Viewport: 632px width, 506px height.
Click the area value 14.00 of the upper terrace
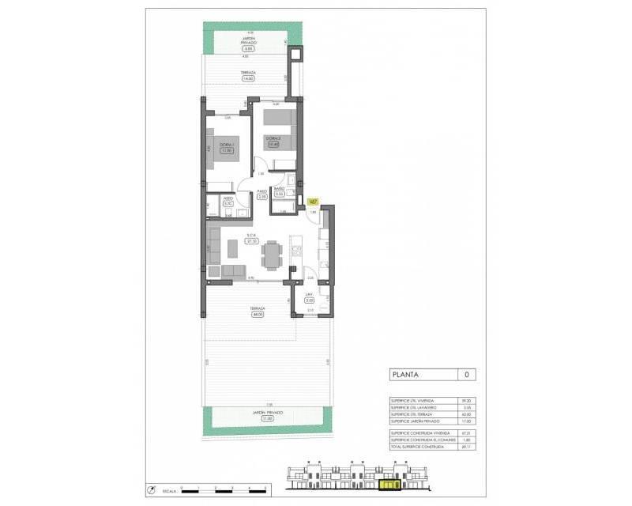(247, 79)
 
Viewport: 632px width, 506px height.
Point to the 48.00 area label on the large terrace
(257, 315)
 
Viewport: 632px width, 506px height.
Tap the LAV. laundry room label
(310, 294)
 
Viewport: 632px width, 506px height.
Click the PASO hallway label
(261, 191)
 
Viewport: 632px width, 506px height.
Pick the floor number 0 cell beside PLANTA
(466, 375)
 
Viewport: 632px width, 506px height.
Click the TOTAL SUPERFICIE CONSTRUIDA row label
(422, 448)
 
